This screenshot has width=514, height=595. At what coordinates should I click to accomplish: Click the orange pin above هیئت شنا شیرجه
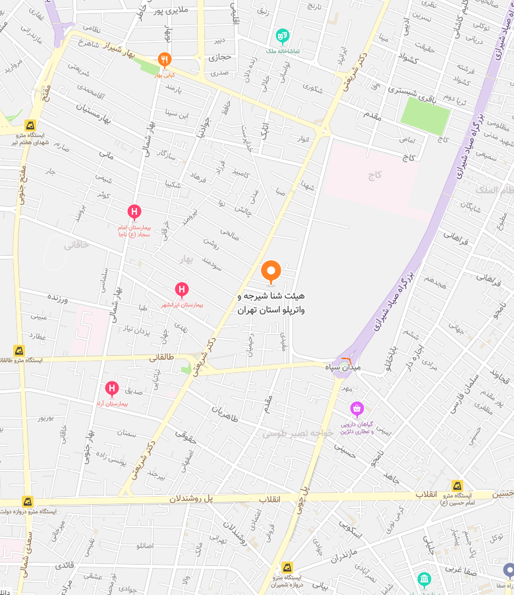coord(271,271)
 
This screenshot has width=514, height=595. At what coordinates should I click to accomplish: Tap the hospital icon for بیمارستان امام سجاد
coord(134,212)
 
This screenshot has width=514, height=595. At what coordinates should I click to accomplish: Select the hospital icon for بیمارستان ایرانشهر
coord(182,289)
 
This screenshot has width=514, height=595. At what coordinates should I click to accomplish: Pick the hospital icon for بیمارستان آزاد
coord(111,388)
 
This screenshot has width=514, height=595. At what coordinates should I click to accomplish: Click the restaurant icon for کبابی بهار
coord(164,60)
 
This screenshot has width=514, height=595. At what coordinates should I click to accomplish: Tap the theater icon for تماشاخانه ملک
coord(283,35)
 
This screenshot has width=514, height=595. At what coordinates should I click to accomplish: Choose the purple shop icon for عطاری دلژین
coord(357,409)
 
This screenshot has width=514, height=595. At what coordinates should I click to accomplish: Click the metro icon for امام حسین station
coord(457,486)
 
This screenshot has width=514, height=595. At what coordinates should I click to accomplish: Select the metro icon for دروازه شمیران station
coord(287,567)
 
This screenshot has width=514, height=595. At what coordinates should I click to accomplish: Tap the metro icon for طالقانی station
coord(18,351)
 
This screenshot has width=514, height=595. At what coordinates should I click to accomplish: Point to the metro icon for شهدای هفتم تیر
coord(30,125)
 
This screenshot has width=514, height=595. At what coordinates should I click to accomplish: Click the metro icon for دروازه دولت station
coord(27,501)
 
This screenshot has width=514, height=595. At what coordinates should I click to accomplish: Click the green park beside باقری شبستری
coord(426,116)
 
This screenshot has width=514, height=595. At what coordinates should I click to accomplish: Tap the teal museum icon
coord(424,580)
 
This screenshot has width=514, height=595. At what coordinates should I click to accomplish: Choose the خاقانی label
coord(76,244)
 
